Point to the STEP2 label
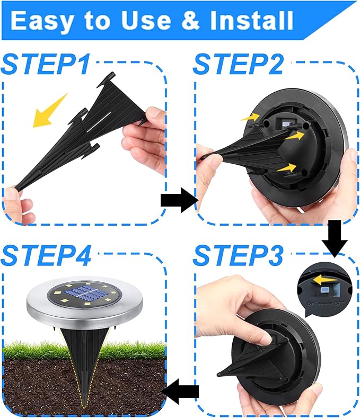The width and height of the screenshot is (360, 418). pos(238,64)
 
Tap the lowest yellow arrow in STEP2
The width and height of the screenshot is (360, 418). pos(286,168)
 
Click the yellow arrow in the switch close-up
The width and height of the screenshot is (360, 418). pos(324,279)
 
